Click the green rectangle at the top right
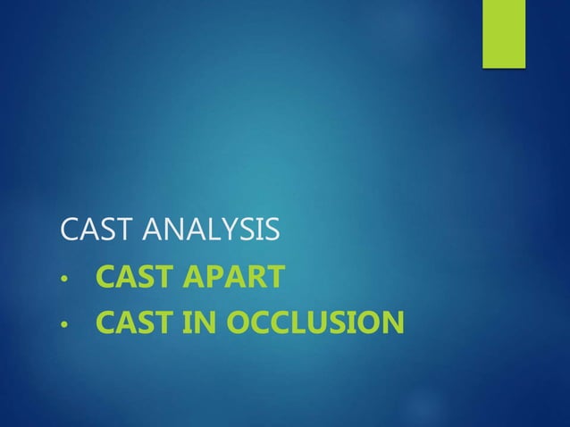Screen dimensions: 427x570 [504, 33]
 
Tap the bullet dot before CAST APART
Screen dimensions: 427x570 [63, 280]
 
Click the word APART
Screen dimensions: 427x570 [236, 278]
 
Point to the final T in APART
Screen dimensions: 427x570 [276, 278]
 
